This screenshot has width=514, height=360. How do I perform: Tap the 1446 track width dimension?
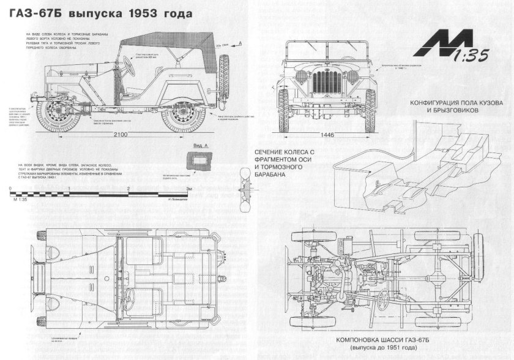(x=327, y=135)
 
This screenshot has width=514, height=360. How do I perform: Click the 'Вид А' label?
(x=201, y=147)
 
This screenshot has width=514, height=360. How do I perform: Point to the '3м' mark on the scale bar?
(x=190, y=189)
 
